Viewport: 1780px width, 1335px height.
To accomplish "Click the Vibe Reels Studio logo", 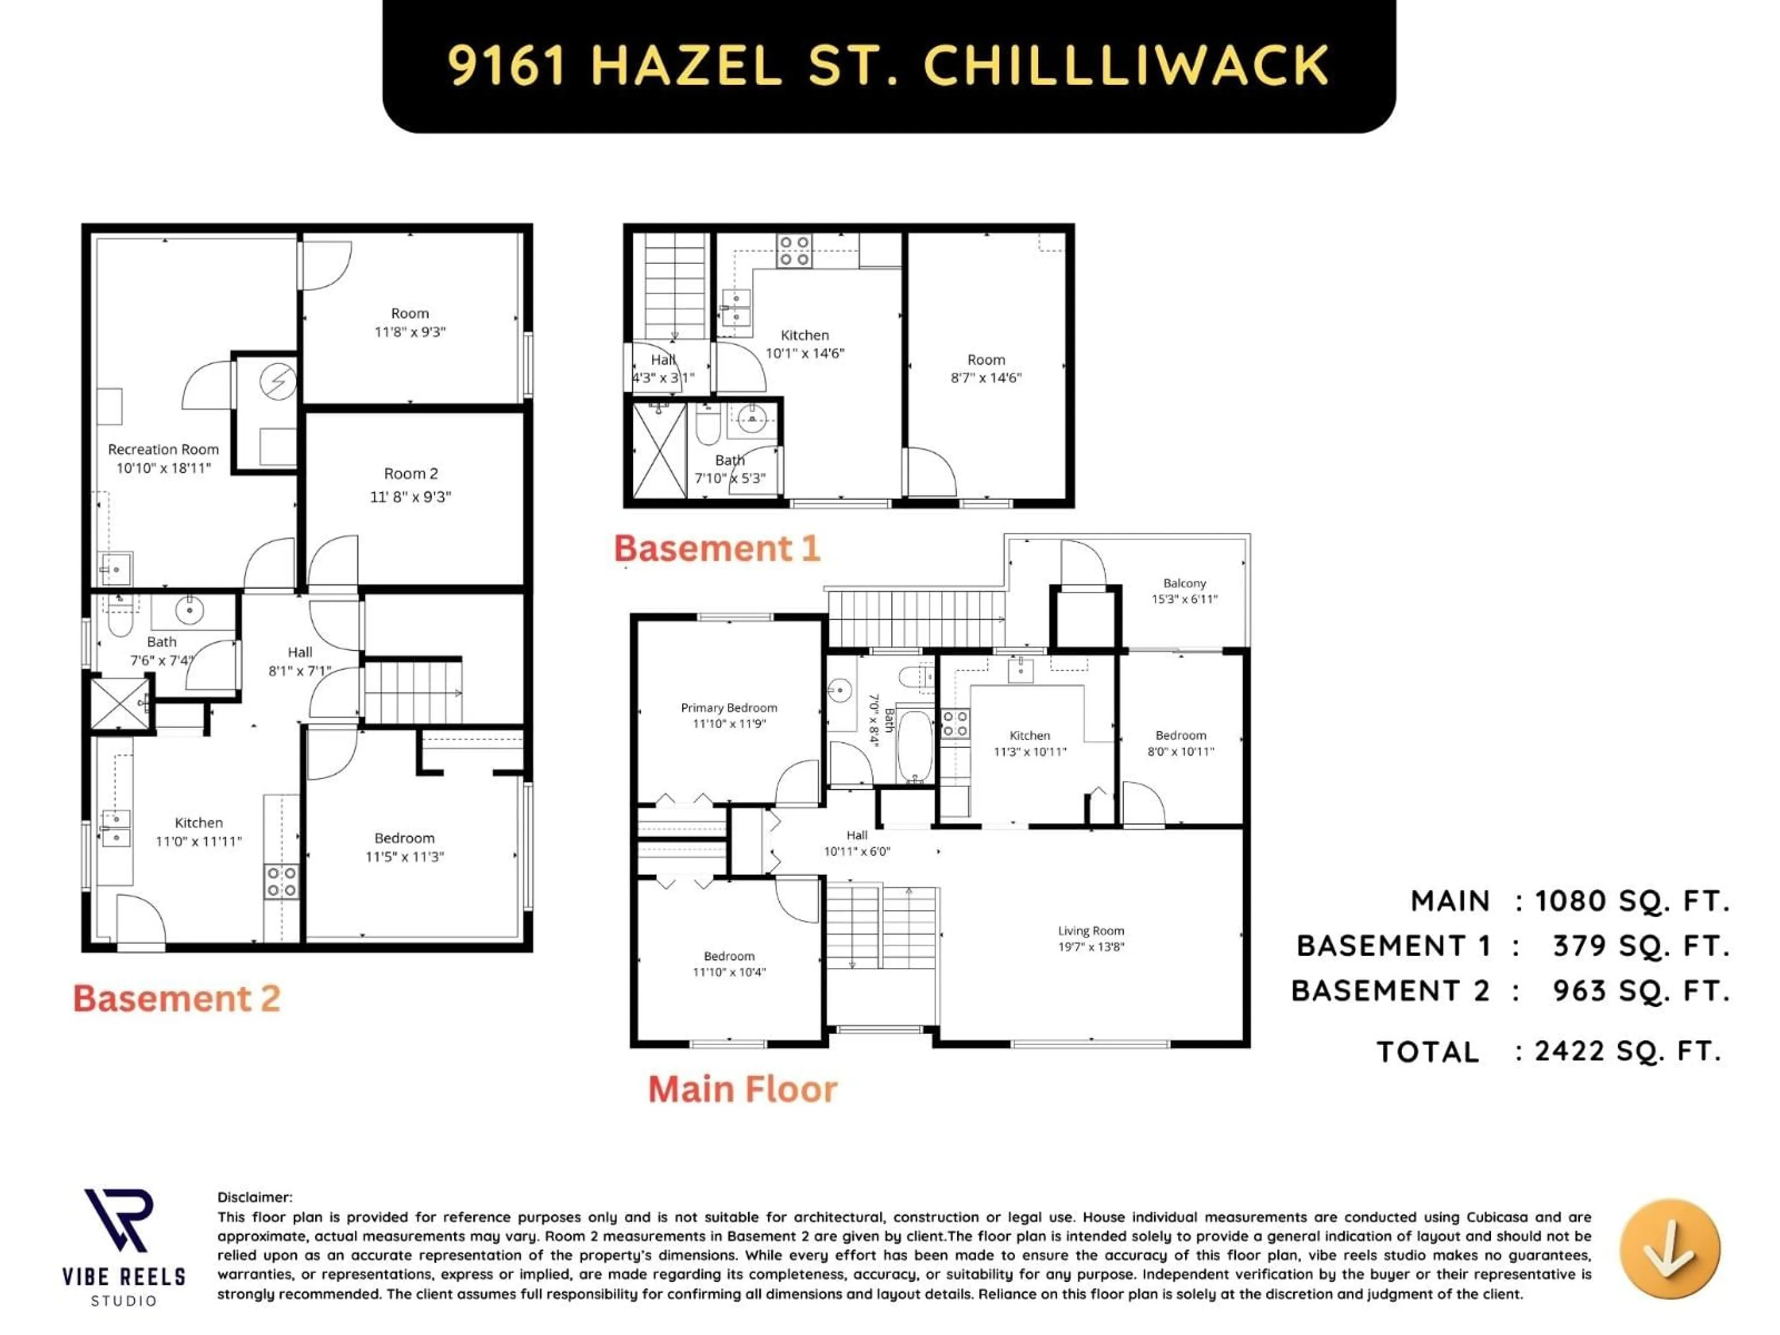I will [123, 1246].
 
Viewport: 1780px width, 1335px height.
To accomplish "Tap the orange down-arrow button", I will [1670, 1248].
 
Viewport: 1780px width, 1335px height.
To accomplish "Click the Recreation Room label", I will [163, 450].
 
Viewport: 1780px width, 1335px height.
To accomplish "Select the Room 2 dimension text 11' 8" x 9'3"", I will [410, 497].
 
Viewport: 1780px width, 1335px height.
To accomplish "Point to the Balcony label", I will [1184, 584].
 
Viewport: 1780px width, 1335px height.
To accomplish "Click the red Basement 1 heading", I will [716, 549].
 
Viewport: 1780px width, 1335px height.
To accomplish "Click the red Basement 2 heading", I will [176, 998].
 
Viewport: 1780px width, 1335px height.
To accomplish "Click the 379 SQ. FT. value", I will [1641, 946].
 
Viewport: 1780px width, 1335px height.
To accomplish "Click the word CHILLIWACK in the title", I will [1126, 65].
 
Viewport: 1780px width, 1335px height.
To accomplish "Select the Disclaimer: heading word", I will [254, 1197].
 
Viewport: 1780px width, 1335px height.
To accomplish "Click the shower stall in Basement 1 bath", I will [659, 451].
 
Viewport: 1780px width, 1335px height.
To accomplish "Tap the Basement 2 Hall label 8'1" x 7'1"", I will [299, 661].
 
